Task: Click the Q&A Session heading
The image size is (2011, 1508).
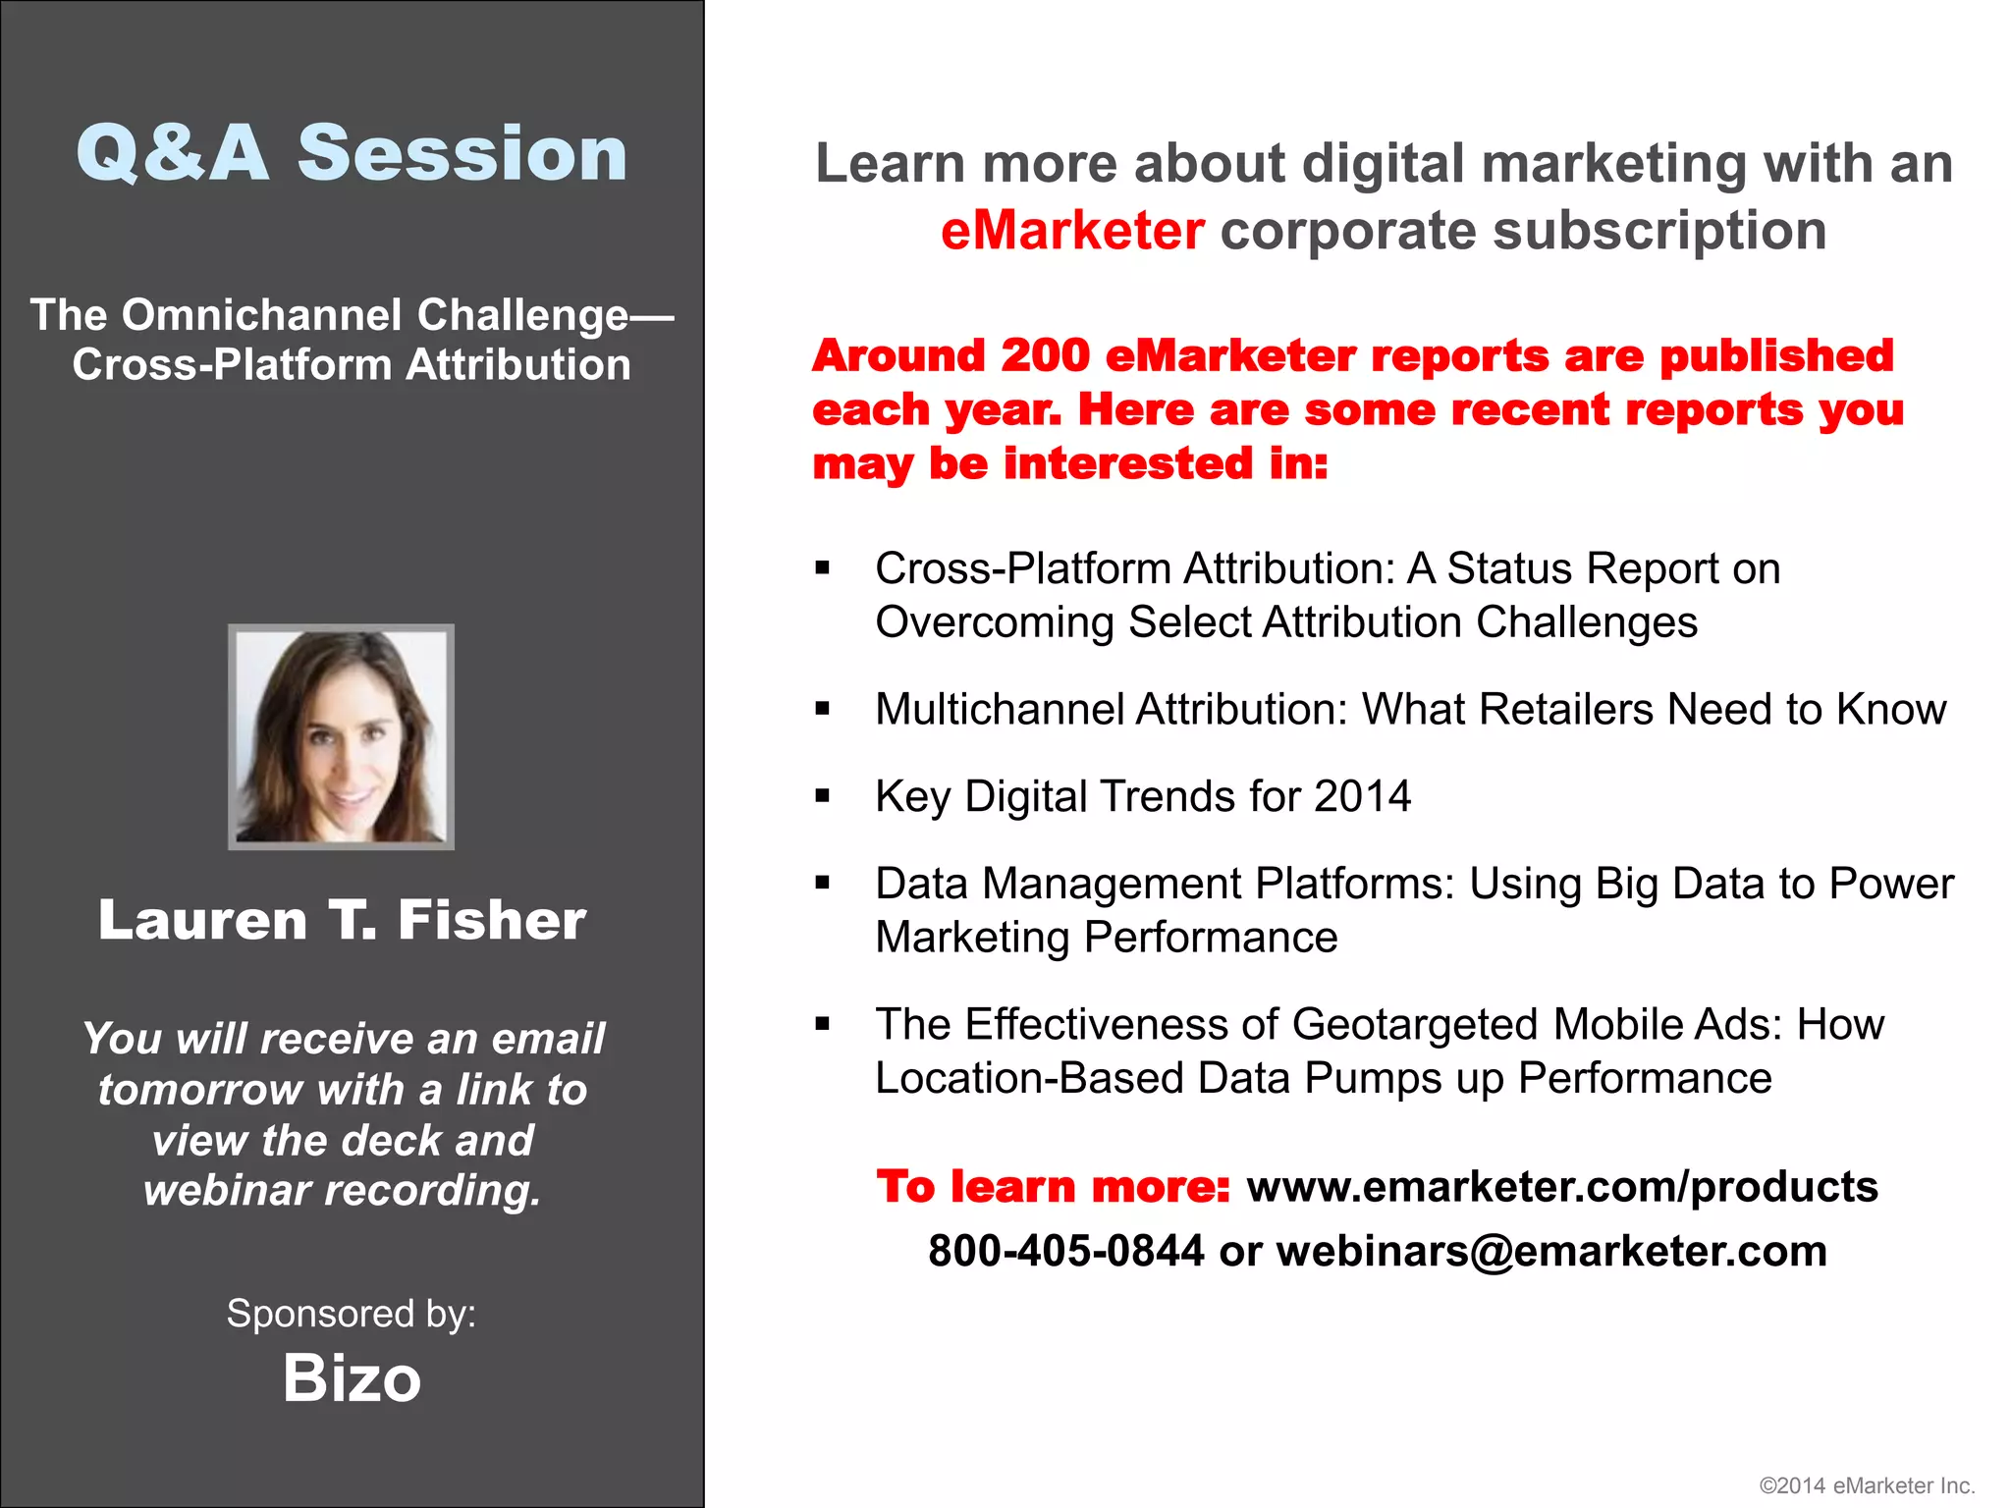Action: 352,154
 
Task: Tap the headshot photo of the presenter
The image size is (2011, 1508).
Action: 341,736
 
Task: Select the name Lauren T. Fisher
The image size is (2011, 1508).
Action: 342,920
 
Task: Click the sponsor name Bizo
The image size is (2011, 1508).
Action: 352,1377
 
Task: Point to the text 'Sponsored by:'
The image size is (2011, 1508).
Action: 352,1314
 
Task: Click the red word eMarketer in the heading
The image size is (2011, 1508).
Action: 1072,231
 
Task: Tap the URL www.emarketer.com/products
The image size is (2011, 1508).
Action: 1561,1186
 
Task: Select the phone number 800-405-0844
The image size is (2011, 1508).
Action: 1066,1251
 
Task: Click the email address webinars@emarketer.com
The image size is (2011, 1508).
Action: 1551,1251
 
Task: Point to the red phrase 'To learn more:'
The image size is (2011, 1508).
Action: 1053,1186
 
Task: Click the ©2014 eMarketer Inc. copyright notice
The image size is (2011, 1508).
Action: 1867,1485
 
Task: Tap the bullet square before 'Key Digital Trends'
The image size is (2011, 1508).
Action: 823,796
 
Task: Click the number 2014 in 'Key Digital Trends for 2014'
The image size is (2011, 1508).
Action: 1362,796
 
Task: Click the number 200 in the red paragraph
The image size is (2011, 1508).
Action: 1045,355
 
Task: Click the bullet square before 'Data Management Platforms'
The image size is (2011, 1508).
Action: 823,884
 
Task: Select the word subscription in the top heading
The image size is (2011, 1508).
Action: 1659,231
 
